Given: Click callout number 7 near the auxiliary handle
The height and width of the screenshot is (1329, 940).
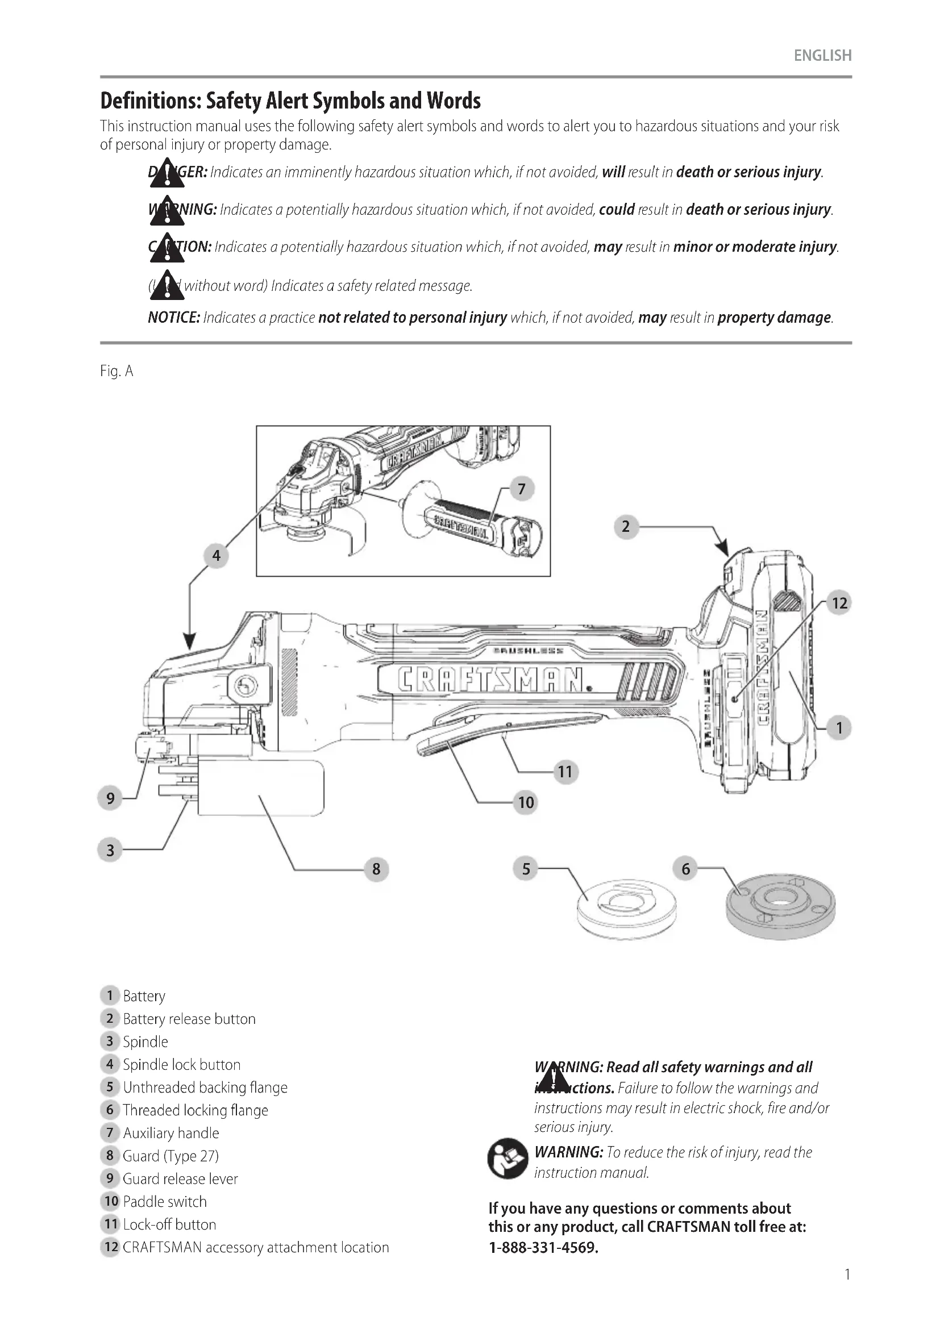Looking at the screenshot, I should pyautogui.click(x=522, y=489).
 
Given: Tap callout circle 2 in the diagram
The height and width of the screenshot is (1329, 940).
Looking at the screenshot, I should pyautogui.click(x=625, y=527).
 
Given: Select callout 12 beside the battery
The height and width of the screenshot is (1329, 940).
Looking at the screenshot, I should pyautogui.click(x=839, y=603).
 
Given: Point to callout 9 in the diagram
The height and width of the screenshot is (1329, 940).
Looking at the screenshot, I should pyautogui.click(x=110, y=799).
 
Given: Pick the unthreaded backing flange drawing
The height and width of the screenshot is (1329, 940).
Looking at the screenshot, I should pyautogui.click(x=627, y=909).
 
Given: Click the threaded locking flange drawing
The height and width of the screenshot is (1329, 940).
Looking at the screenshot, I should pyautogui.click(x=780, y=906).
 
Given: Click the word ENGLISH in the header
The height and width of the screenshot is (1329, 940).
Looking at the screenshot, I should pyautogui.click(x=822, y=56).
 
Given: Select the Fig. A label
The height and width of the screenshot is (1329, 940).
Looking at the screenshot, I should pyautogui.click(x=117, y=371).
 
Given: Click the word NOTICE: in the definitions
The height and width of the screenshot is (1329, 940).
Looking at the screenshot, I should pyautogui.click(x=174, y=318).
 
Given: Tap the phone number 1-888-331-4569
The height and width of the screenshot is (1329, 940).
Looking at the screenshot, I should pyautogui.click(x=543, y=1247).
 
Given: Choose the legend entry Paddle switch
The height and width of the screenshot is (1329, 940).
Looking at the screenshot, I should pyautogui.click(x=164, y=1202).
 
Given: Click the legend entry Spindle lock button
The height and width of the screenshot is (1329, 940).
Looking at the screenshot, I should pyautogui.click(x=181, y=1064).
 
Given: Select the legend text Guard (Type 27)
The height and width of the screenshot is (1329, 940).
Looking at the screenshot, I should pyautogui.click(x=170, y=1156).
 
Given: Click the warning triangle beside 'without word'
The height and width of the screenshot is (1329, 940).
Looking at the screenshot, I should pyautogui.click(x=167, y=285).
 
